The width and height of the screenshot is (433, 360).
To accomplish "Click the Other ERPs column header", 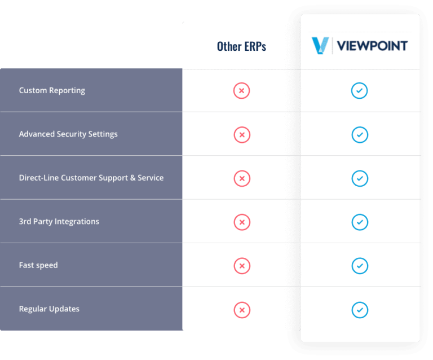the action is (241, 46).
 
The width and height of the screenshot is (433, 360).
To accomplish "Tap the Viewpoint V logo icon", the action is (320, 46).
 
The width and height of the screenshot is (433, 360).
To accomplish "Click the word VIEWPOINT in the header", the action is (372, 46).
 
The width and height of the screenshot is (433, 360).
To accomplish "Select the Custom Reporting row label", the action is (52, 90).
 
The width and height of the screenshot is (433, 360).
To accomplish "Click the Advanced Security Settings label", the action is (68, 134).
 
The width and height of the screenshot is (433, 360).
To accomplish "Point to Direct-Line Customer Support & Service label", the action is (91, 178).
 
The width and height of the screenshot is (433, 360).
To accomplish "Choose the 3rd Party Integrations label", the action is (59, 221).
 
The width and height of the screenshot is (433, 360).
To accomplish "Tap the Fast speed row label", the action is (38, 265).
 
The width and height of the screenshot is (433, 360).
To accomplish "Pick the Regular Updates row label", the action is (49, 309).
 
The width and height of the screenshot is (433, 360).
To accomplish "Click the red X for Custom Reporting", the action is (241, 91).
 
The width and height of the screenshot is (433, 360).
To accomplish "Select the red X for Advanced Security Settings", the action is (241, 134).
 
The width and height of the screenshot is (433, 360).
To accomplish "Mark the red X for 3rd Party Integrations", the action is (241, 222).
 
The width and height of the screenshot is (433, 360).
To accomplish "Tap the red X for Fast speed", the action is (241, 266).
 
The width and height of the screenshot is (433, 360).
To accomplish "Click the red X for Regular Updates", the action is (241, 309).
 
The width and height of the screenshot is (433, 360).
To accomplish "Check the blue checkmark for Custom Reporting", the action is (359, 91).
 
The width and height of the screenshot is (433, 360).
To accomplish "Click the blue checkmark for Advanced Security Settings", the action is (359, 134).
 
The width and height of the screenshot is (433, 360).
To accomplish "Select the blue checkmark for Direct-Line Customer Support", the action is (359, 178).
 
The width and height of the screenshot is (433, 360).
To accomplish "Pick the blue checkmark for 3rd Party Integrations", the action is (359, 222).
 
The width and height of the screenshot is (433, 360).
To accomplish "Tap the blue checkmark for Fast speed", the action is (359, 266).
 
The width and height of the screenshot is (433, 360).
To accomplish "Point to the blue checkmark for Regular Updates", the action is (359, 309).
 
